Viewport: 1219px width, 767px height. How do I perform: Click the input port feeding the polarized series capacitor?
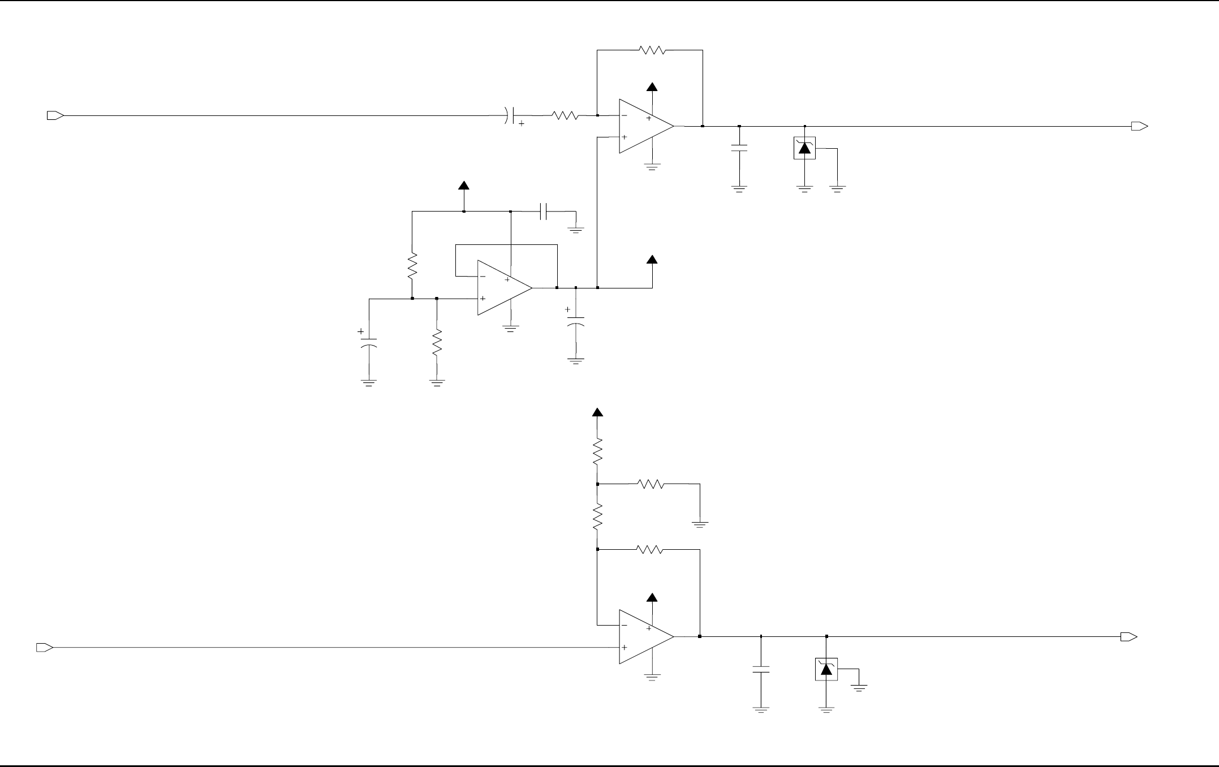click(x=55, y=116)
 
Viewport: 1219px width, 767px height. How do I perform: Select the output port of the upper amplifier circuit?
click(x=1139, y=127)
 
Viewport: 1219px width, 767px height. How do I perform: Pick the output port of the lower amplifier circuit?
click(x=1128, y=637)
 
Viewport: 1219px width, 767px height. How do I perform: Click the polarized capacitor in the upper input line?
click(x=511, y=116)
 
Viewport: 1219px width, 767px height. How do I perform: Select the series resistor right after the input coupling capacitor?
click(x=565, y=116)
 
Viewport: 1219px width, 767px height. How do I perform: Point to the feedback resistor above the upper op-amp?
click(x=652, y=50)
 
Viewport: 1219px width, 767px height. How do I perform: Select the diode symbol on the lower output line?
click(x=826, y=670)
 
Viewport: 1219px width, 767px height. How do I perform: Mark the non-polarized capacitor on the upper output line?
click(x=739, y=149)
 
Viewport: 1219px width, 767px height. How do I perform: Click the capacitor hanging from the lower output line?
click(x=761, y=670)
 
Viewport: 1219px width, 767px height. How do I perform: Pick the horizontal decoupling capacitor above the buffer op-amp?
click(x=544, y=212)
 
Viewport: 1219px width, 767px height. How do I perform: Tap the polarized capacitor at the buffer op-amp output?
click(x=575, y=322)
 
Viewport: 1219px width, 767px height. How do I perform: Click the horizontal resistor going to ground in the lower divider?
click(x=651, y=484)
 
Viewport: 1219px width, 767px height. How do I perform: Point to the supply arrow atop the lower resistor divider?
click(x=597, y=412)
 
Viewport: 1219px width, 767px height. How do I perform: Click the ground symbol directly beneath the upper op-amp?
click(x=652, y=167)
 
